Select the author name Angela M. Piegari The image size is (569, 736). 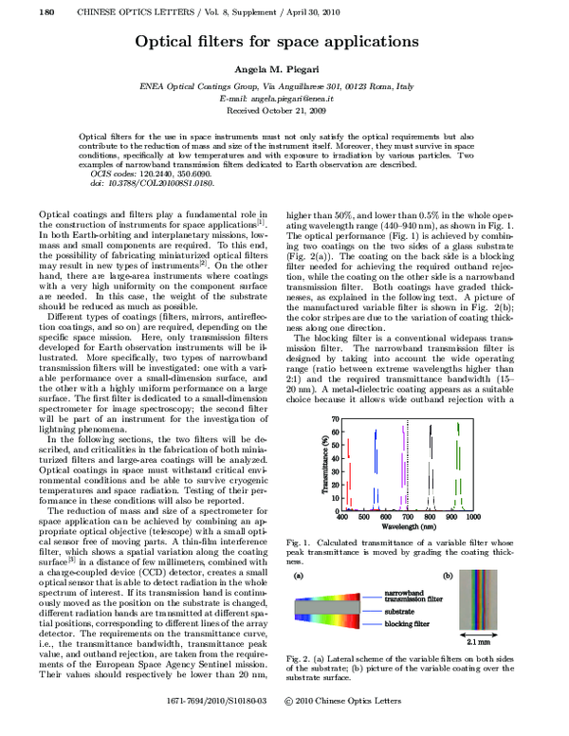[x=284, y=73]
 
